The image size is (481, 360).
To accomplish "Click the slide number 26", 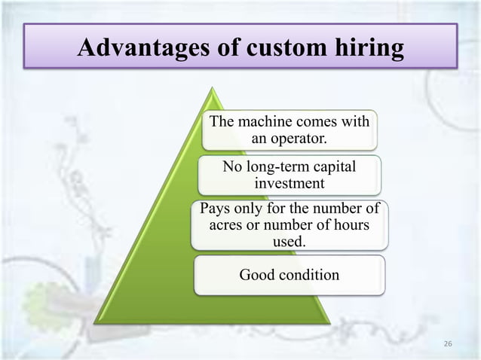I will (448, 343).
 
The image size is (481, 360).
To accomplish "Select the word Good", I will (256, 275).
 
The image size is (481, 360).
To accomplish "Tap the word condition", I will (308, 275).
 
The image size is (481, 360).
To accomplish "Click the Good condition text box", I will (290, 275).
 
